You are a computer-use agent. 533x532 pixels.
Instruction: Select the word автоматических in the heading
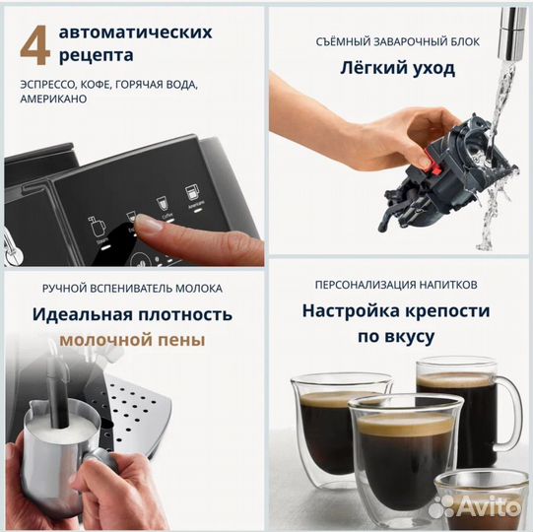[136, 32]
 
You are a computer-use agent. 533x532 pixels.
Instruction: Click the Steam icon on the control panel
[97, 226]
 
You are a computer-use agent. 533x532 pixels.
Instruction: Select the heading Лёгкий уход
[398, 68]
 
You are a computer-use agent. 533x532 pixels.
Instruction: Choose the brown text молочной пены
[132, 341]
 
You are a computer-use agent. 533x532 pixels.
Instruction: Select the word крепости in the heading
[441, 310]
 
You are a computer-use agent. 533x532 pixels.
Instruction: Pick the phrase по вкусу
[397, 336]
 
